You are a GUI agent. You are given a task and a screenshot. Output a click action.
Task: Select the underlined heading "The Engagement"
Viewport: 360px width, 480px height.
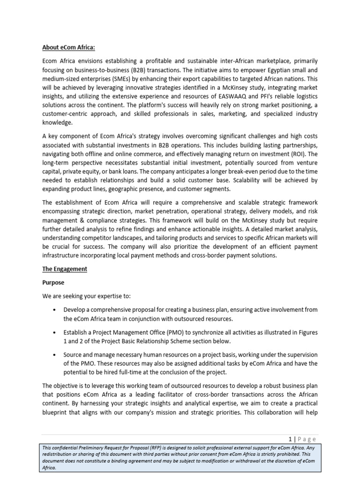[x=64, y=269]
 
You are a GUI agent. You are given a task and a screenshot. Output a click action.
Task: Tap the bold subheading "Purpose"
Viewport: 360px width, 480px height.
[x=53, y=283]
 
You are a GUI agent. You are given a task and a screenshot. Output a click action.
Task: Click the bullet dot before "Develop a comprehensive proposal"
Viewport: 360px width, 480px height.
[x=55, y=310]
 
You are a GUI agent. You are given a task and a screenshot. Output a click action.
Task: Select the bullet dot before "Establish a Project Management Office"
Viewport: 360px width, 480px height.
[x=55, y=332]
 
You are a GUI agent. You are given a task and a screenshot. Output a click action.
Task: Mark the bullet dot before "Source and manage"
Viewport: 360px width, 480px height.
[x=55, y=355]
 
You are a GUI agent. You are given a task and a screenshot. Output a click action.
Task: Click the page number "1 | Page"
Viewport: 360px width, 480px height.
[x=302, y=439]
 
